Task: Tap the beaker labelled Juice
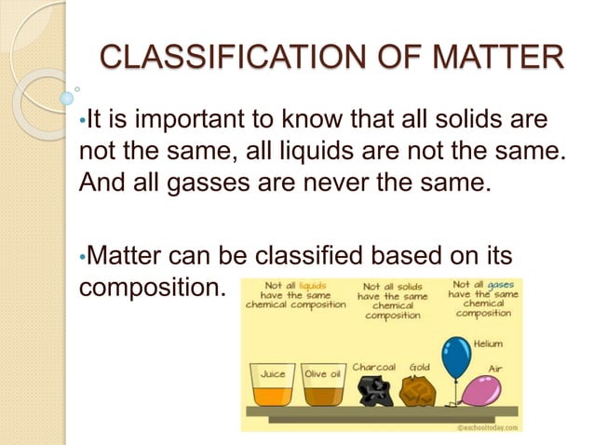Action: point(272,384)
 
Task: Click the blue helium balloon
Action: point(456,358)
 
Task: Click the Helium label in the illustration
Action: point(488,344)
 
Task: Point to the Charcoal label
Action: point(374,367)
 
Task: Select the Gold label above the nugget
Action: point(419,367)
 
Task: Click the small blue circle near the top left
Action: point(66,97)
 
